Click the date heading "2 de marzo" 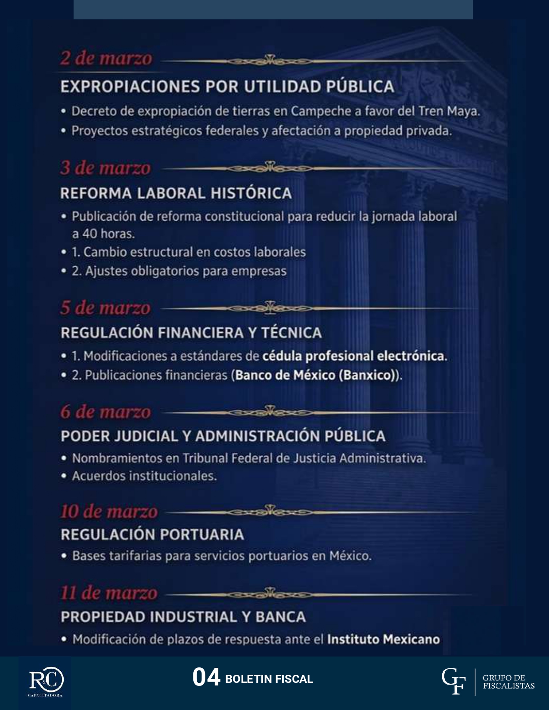106,59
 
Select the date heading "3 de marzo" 105,168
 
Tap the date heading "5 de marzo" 105,308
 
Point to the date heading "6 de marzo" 105,412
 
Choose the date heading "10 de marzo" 109,512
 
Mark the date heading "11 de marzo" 109,593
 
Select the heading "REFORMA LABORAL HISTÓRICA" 176,193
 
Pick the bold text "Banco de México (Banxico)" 315,375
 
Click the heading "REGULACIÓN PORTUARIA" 152,534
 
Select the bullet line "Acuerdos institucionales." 144,476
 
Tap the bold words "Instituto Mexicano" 383,639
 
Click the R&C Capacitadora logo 46,682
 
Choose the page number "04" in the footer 206,678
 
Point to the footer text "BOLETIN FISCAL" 269,679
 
